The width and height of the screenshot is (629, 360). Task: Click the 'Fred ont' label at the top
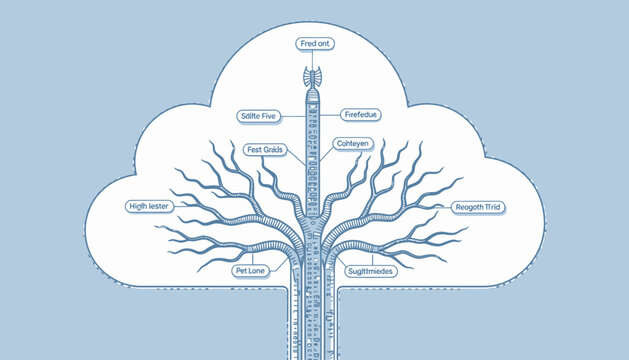(314, 44)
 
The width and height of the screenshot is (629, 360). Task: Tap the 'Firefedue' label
(360, 116)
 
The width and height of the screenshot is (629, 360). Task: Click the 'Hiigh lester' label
(151, 207)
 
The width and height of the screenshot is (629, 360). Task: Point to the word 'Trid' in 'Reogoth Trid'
(494, 207)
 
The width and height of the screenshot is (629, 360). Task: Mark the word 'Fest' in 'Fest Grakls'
(254, 150)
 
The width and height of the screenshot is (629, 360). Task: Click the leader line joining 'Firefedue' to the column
(331, 116)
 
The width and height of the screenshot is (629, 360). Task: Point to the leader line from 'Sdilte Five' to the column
(295, 116)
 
